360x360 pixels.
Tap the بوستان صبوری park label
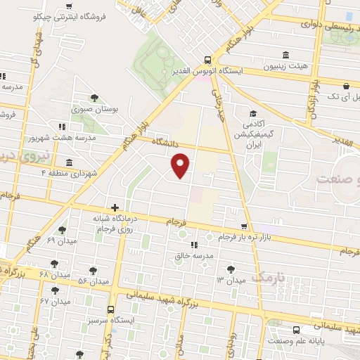94,110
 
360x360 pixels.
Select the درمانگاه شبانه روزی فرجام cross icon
115,207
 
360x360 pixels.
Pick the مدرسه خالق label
193,256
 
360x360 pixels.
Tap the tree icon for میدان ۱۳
231,268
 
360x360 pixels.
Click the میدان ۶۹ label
60,240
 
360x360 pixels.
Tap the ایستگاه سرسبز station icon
110,309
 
